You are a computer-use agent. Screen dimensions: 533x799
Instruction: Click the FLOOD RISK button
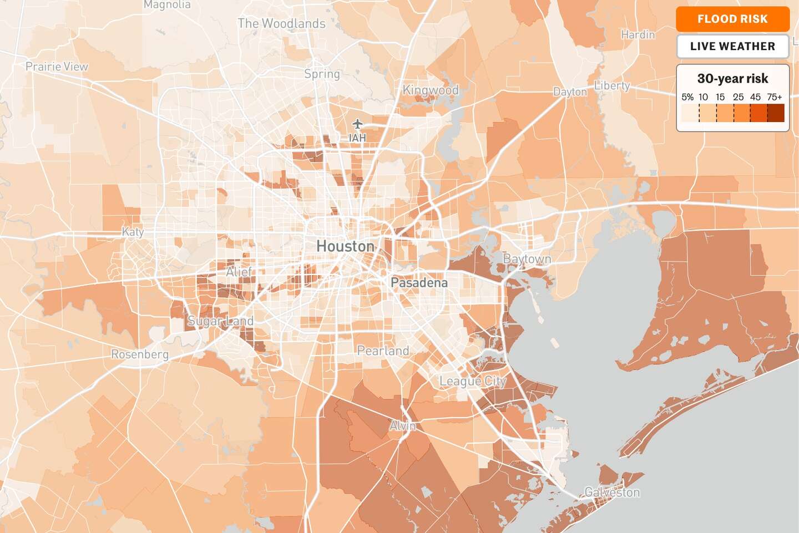pyautogui.click(x=732, y=19)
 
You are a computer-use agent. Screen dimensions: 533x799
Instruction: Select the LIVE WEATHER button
pyautogui.click(x=732, y=47)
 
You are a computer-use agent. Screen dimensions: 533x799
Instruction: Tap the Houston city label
pyautogui.click(x=345, y=246)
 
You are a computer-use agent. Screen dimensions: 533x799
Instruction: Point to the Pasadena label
pyautogui.click(x=419, y=283)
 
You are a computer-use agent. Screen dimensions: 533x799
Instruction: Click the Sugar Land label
pyautogui.click(x=220, y=321)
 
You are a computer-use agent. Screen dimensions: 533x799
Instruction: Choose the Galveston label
pyautogui.click(x=612, y=493)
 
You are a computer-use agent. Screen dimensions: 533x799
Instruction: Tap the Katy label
pyautogui.click(x=133, y=232)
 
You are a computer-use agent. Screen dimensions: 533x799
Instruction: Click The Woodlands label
pyautogui.click(x=281, y=24)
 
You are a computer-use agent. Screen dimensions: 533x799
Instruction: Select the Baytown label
pyautogui.click(x=527, y=259)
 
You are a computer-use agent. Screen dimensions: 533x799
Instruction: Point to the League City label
pyautogui.click(x=473, y=382)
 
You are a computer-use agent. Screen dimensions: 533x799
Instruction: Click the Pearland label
pyautogui.click(x=383, y=351)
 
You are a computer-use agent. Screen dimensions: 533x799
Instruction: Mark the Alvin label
pyautogui.click(x=403, y=426)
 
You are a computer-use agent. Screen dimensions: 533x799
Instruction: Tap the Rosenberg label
pyautogui.click(x=140, y=354)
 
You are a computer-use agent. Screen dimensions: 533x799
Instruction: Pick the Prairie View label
pyautogui.click(x=57, y=67)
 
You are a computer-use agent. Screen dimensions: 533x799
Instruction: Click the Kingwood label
pyautogui.click(x=431, y=90)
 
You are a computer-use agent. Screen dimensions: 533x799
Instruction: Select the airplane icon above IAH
pyautogui.click(x=357, y=123)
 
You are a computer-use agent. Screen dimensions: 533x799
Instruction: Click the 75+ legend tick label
pyautogui.click(x=774, y=97)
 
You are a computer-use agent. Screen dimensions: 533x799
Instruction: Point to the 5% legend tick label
pyautogui.click(x=687, y=97)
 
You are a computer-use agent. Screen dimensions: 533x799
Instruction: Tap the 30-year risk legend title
pyautogui.click(x=732, y=79)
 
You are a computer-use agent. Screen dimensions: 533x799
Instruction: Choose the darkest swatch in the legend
pyautogui.click(x=776, y=113)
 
